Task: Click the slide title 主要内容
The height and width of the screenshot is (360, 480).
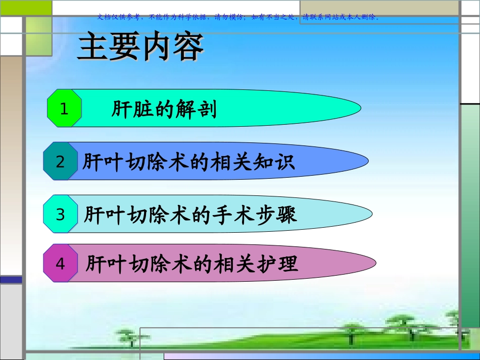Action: click(140, 46)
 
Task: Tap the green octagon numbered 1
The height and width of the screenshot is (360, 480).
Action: click(64, 108)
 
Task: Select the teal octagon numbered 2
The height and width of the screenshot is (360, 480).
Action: click(60, 161)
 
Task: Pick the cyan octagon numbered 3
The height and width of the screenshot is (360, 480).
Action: click(60, 214)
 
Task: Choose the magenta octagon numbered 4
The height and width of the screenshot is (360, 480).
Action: click(60, 263)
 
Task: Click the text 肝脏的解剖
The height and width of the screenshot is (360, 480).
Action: click(164, 109)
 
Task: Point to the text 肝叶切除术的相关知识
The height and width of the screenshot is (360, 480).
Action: click(189, 162)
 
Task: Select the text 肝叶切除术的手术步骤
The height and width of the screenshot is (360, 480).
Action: click(190, 215)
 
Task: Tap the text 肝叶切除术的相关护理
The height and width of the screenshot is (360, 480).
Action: click(192, 264)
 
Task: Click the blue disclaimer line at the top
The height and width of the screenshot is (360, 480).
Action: click(238, 17)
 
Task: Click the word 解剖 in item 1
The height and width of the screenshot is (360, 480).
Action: click(196, 109)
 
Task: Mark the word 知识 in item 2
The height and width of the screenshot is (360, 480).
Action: click(274, 162)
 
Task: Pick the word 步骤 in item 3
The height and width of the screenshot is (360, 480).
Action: click(276, 215)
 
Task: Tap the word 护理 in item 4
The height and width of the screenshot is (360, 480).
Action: click(277, 264)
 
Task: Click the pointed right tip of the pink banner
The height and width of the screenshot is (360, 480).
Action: click(375, 263)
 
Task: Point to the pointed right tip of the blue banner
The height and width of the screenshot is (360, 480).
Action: click(368, 161)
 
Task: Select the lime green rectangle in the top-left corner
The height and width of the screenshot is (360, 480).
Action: click(26, 8)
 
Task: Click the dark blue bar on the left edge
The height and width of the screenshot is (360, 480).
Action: click(11, 280)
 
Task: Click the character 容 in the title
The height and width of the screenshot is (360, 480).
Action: click(188, 46)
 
